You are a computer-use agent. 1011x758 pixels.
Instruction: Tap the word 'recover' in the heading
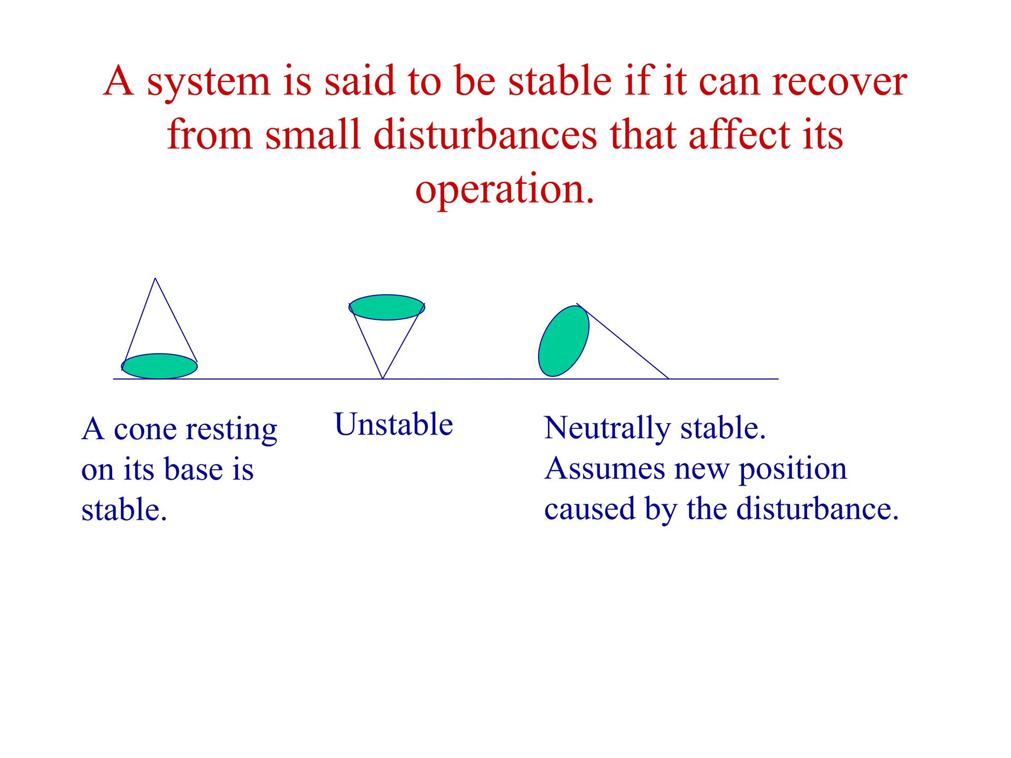[839, 81]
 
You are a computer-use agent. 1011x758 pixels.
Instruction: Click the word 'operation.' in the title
[505, 190]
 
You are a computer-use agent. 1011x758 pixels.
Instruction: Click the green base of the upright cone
[159, 367]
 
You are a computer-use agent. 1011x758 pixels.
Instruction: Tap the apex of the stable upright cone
[156, 279]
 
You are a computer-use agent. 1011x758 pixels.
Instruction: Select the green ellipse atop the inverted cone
[387, 307]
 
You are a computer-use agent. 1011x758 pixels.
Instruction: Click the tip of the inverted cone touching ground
[383, 378]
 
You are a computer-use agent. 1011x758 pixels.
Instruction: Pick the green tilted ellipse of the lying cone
[563, 341]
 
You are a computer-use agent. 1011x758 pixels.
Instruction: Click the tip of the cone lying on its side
[668, 378]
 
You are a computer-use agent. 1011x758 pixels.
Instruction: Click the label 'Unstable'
[393, 424]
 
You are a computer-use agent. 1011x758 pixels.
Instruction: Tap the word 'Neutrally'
[607, 428]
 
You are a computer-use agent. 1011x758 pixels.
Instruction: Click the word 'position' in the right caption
[792, 470]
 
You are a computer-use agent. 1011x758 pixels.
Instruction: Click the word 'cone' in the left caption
[145, 430]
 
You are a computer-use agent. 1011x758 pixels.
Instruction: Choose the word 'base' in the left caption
[193, 469]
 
